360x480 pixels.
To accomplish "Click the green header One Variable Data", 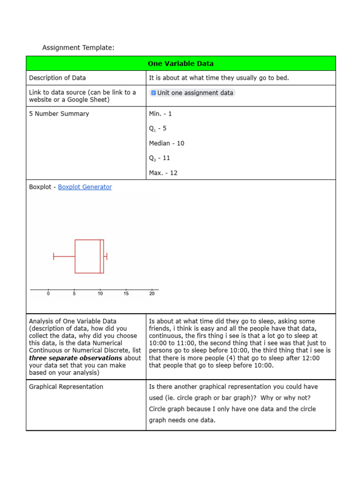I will coord(180,63).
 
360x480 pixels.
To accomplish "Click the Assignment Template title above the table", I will coord(78,47).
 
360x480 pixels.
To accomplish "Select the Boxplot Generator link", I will coord(85,187).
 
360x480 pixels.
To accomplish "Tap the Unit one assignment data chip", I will coord(192,93).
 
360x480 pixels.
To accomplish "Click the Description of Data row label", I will coord(57,78).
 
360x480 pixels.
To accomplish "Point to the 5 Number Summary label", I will coord(59,113).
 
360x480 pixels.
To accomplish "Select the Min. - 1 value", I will coord(160,113).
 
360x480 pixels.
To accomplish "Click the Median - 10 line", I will coord(166,143).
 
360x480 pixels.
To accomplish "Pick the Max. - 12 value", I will coord(163,172).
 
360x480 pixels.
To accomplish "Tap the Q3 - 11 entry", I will coord(159,158).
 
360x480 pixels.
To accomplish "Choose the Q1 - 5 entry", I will coord(157,128).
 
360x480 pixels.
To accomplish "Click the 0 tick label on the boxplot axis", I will coord(49,294).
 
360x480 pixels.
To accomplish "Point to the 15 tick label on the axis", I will coord(126,294).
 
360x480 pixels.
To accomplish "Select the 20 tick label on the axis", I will coord(152,294).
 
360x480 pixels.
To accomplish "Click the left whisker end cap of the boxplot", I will coord(54,256).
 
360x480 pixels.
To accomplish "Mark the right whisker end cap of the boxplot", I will coord(107,256).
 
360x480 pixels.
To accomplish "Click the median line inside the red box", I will coord(100,256).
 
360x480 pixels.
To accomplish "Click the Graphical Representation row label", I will coord(66,387).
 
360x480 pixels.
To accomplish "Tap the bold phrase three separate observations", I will coord(75,358).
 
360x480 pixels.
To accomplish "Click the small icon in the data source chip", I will coord(153,93).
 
